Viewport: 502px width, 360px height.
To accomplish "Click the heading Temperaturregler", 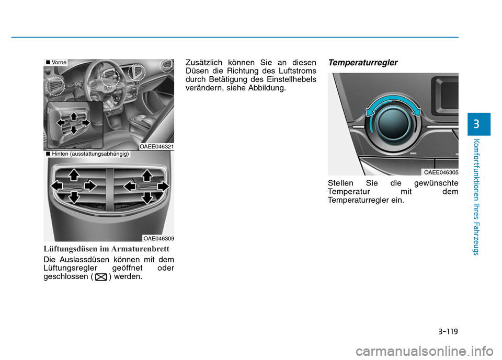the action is click(363, 63).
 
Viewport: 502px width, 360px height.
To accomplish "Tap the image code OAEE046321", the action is click(156, 146).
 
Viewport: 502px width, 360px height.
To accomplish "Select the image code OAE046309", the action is click(158, 238).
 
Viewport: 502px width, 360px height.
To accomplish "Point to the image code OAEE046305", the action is click(441, 172).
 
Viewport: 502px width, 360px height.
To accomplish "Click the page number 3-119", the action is click(448, 331).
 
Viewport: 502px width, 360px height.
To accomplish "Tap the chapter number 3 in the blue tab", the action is click(476, 124).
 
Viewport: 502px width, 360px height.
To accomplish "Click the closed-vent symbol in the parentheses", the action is click(101, 277).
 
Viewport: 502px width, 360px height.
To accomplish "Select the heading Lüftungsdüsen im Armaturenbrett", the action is click(106, 249).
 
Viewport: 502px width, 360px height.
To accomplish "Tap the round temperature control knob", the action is click(393, 123).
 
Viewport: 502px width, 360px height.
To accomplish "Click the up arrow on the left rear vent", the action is click(74, 175).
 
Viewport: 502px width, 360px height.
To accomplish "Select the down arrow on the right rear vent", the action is click(147, 198).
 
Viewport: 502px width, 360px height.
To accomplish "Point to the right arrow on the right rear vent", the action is click(163, 186).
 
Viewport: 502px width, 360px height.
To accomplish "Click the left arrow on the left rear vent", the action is click(57, 186).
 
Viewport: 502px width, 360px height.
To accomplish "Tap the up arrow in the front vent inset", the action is click(74, 116).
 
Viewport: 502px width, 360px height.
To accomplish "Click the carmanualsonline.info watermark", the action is click(425, 351).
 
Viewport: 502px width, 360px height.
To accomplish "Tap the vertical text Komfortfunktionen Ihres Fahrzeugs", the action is click(476, 197).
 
